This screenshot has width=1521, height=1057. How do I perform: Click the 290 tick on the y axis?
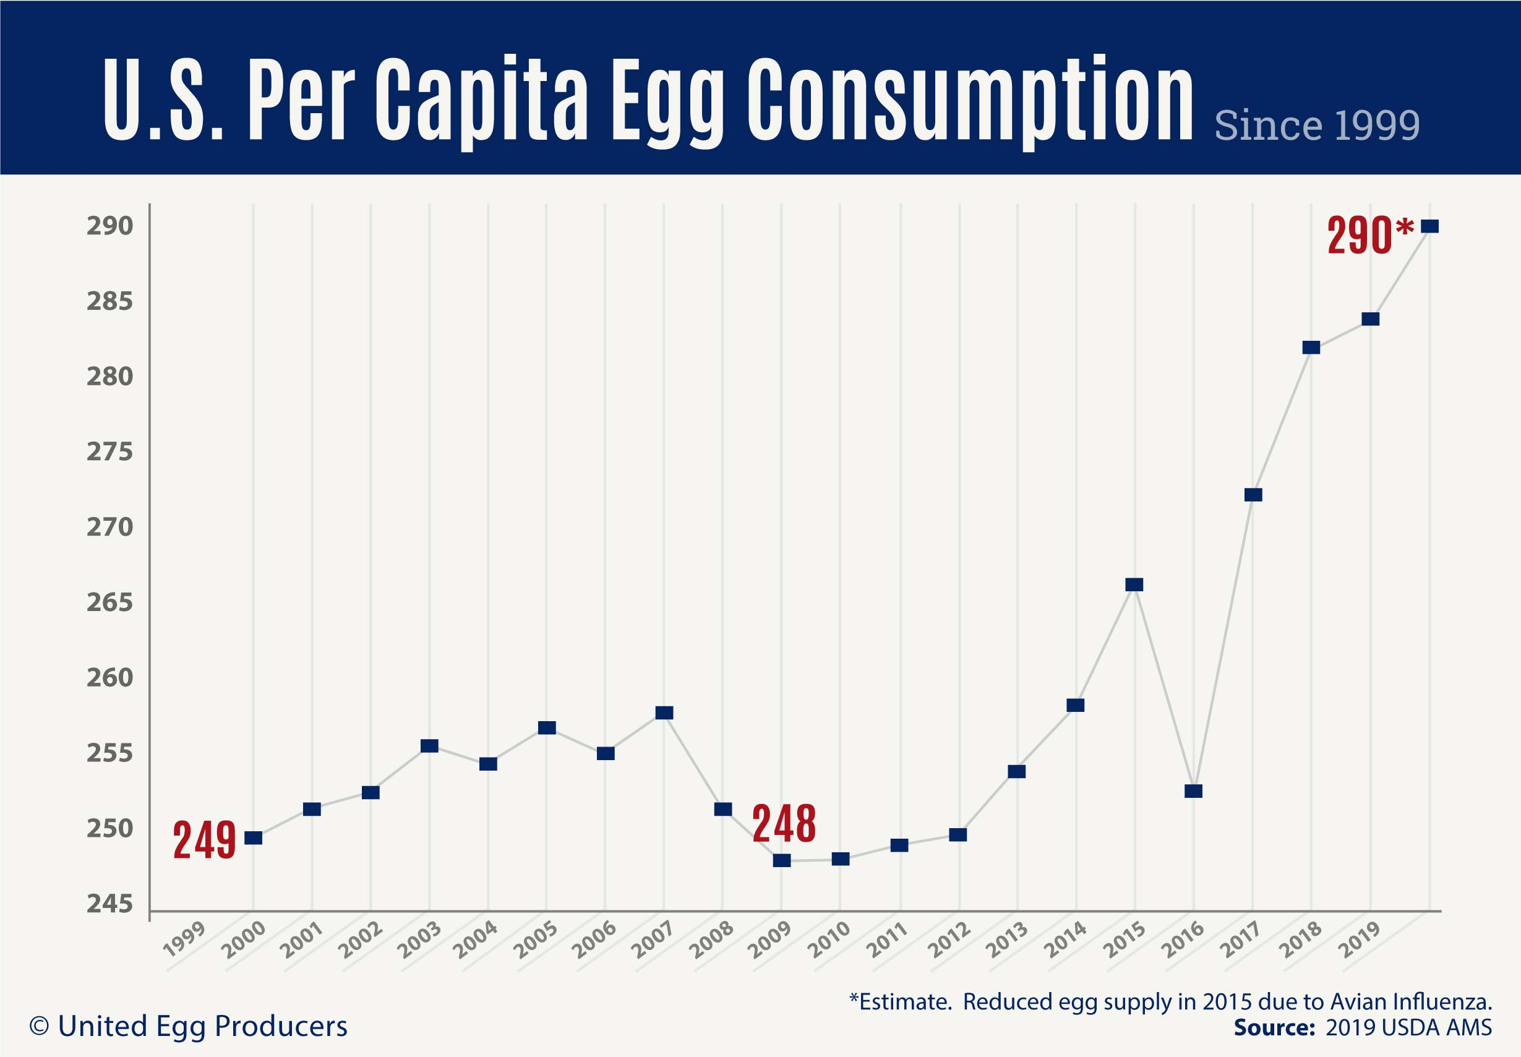[x=110, y=226]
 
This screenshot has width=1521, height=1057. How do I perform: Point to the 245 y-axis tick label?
[x=110, y=904]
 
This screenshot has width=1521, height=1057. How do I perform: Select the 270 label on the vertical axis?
[x=110, y=527]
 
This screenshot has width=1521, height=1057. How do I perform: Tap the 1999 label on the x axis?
[x=185, y=939]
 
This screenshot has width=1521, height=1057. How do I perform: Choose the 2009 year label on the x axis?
[x=769, y=939]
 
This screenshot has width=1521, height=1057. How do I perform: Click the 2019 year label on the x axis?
[x=1359, y=939]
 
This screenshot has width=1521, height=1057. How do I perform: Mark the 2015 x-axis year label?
[x=1123, y=939]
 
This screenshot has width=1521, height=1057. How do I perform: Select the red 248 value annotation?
[x=784, y=824]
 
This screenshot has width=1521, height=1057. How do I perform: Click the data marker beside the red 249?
[x=254, y=839]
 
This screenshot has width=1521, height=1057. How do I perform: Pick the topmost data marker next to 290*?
[x=1429, y=226]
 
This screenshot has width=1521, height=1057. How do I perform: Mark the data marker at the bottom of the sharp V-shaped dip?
[x=1193, y=792]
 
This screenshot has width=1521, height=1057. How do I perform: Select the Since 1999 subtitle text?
[x=1317, y=125]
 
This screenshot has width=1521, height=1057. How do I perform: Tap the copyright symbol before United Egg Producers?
[x=40, y=1027]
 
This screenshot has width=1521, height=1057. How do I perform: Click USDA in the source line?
[x=1408, y=1028]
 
